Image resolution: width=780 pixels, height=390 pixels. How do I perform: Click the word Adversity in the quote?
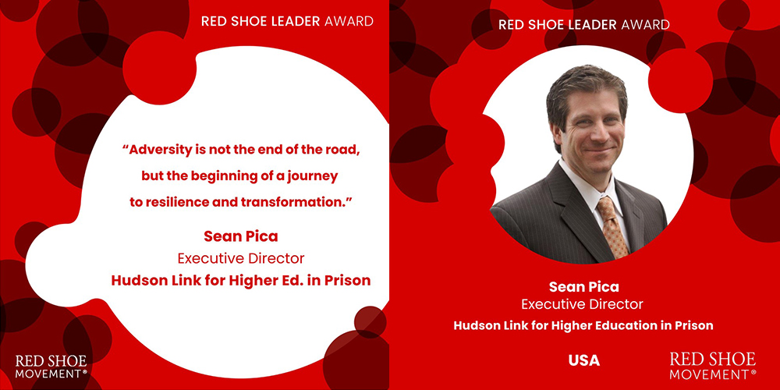(153, 151)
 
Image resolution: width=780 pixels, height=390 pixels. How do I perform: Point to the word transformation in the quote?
(285, 203)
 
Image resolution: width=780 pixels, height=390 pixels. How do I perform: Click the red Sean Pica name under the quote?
(241, 236)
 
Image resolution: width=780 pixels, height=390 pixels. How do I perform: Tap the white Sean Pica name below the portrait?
(584, 286)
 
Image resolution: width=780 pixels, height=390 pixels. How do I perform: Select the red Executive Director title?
(241, 259)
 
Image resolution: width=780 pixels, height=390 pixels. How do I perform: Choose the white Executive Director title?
(582, 304)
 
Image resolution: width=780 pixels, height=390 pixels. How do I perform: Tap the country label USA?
(584, 360)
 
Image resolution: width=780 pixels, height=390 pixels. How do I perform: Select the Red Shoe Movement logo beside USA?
(713, 366)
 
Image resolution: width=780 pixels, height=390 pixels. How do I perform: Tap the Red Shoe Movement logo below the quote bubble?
(51, 367)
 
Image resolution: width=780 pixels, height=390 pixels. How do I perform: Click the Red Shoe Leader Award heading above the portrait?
(584, 25)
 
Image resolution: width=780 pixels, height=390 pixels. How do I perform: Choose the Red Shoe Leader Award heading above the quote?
(288, 21)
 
